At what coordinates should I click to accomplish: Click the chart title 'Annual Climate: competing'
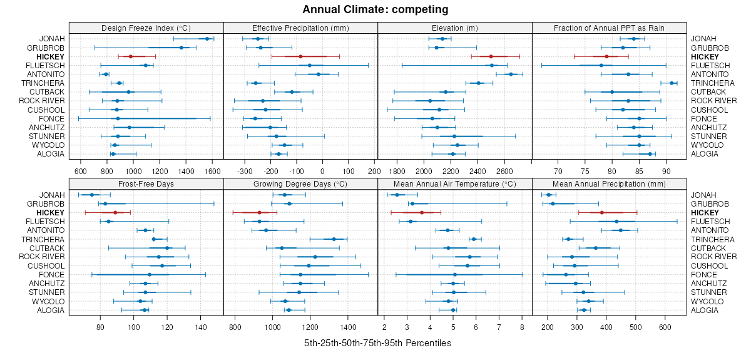tap(375, 9)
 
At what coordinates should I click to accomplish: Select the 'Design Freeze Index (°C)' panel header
tap(146, 28)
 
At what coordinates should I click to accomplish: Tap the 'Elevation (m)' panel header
tap(455, 28)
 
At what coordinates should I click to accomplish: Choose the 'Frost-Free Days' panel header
tap(146, 183)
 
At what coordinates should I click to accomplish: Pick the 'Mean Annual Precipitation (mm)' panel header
tap(610, 183)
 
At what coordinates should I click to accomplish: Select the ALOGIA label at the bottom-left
tap(51, 310)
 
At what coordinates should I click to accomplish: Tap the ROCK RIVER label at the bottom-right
tap(714, 257)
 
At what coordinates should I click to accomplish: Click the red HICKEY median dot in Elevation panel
tap(491, 56)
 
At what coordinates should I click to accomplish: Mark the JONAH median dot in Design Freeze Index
tap(207, 39)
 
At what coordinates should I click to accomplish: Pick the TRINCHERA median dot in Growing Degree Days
tap(334, 239)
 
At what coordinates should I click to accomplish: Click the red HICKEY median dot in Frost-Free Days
tap(115, 213)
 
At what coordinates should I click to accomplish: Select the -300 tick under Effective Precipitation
tap(245, 170)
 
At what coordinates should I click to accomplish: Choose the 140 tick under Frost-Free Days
tap(201, 326)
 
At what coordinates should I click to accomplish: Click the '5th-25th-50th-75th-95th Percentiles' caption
tap(377, 343)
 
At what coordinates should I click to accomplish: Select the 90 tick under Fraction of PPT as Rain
tap(666, 170)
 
